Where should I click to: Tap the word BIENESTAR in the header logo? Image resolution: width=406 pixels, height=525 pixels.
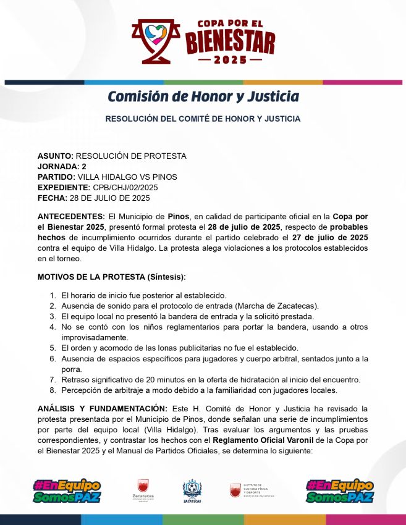click(230, 43)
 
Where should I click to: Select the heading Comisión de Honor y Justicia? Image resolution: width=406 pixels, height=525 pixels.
click(203, 97)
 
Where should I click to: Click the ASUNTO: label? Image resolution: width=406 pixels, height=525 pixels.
click(56, 156)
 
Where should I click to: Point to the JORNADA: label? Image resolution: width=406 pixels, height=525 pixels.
click(58, 167)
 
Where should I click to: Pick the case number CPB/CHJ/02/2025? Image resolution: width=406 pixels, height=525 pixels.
click(125, 188)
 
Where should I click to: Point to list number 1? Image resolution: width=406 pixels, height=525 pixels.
click(53, 295)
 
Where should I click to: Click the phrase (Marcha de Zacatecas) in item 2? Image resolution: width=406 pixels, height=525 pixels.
click(273, 306)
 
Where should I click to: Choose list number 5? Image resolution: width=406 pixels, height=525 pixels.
click(53, 348)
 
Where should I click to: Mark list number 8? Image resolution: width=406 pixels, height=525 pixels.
click(53, 390)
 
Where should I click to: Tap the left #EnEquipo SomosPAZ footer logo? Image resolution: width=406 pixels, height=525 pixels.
click(67, 491)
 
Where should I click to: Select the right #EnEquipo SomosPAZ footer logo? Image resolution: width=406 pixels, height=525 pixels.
click(339, 491)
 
